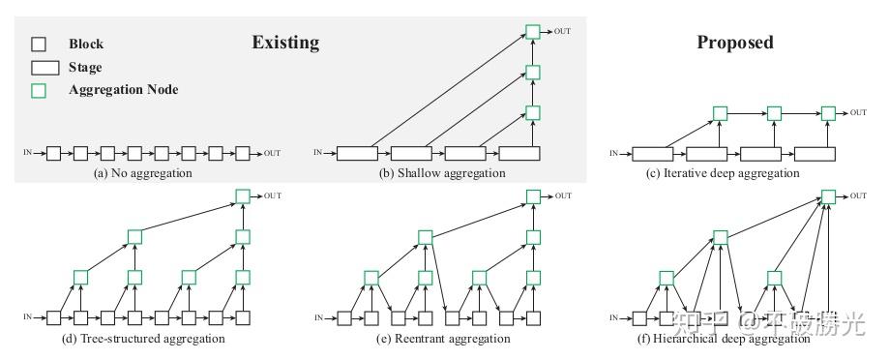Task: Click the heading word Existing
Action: coord(285,43)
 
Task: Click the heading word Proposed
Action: coord(734,43)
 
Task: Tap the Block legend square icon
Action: coord(39,45)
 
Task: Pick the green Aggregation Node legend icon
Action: coord(39,90)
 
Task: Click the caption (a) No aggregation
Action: coord(143,173)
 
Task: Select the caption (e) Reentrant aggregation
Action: coord(443,339)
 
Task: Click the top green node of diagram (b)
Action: coord(533,32)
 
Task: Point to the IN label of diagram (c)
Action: coord(613,153)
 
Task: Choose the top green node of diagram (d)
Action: coord(243,196)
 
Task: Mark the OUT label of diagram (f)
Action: coord(858,196)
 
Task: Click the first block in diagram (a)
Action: coord(54,153)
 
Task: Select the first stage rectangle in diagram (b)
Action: coord(359,153)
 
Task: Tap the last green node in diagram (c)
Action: coord(827,112)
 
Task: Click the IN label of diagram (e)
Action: coord(320,317)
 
